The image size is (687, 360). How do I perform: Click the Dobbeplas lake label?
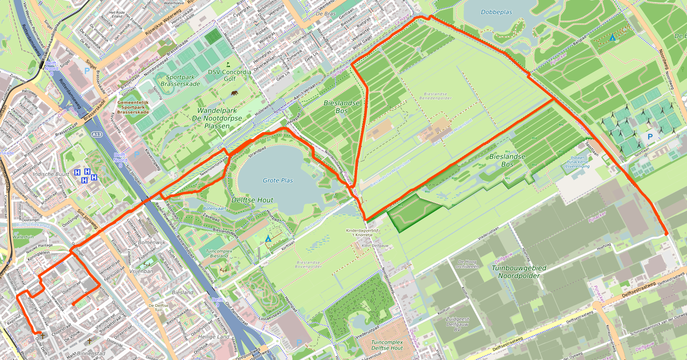[496, 12]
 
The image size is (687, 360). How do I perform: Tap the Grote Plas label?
[278, 180]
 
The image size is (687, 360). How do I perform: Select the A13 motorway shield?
[97, 134]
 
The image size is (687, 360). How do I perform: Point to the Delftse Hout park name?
[252, 200]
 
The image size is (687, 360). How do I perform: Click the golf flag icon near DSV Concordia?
[228, 65]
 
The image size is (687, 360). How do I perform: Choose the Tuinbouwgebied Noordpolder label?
[519, 272]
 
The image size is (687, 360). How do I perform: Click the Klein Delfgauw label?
[375, 246]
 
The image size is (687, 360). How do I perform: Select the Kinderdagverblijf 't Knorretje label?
[362, 232]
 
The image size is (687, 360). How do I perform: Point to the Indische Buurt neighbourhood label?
[51, 174]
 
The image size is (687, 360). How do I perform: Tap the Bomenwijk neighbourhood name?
[151, 242]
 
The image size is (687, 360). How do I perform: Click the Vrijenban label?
[141, 271]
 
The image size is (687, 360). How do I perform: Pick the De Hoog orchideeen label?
[467, 264]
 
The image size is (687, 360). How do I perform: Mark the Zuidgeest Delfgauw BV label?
[457, 324]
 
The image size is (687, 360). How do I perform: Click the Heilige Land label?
[213, 337]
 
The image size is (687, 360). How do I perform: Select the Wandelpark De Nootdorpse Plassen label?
[217, 118]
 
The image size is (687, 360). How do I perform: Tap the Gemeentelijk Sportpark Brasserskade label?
[133, 107]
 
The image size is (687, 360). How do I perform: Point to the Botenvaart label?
[214, 208]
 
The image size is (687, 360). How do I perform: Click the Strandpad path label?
[257, 152]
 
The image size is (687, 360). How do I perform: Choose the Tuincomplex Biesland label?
[219, 253]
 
